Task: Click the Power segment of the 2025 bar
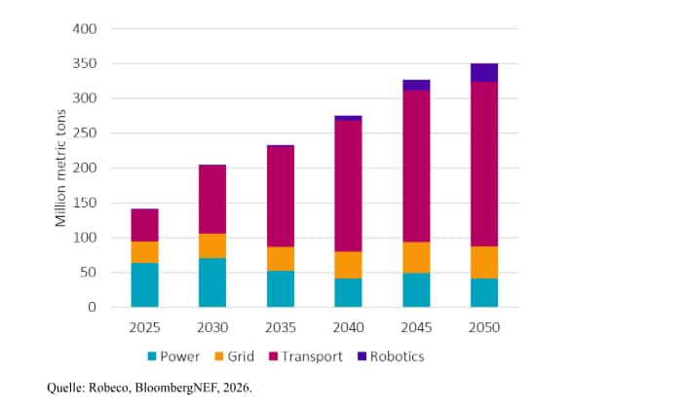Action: point(145,284)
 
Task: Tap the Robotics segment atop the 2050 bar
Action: point(483,72)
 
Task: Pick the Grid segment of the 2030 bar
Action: point(212,245)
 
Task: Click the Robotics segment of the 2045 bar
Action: point(416,85)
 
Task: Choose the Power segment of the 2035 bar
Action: point(281,288)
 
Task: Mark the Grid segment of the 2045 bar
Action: point(416,257)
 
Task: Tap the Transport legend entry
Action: point(305,356)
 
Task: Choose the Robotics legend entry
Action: point(390,356)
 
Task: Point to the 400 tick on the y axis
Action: point(85,29)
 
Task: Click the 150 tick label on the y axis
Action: point(85,203)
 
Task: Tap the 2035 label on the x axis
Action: point(281,328)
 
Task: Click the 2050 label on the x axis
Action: point(483,328)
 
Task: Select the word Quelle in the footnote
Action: point(64,388)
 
